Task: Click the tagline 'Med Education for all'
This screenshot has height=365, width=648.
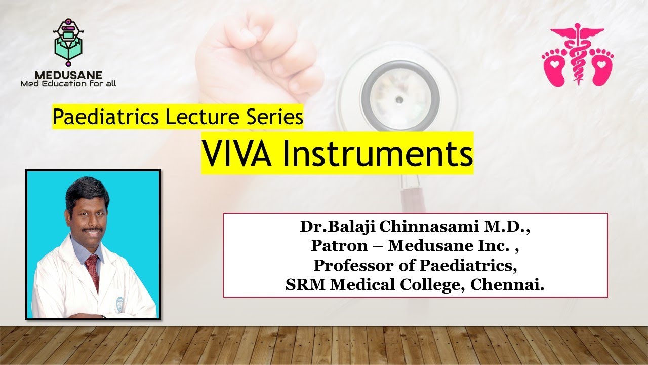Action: pyautogui.click(x=68, y=83)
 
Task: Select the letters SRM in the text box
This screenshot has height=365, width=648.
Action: pyautogui.click(x=306, y=284)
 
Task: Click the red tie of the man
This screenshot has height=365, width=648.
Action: pyautogui.click(x=93, y=271)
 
